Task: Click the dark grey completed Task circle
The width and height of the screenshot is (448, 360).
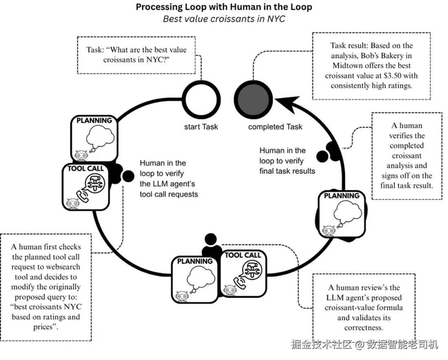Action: click(x=253, y=99)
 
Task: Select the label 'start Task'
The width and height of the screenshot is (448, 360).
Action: click(x=201, y=127)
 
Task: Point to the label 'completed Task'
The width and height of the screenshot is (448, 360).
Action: click(x=275, y=127)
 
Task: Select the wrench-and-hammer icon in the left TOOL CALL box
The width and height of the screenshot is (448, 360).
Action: click(x=95, y=183)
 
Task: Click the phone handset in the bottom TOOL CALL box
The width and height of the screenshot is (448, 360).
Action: click(x=240, y=283)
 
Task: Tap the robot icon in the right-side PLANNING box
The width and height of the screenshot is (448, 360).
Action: click(x=328, y=230)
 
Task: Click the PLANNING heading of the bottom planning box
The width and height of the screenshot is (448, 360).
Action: click(x=195, y=261)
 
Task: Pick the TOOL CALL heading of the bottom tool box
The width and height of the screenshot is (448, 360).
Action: click(x=243, y=255)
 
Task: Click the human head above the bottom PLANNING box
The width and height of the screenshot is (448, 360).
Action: click(x=211, y=239)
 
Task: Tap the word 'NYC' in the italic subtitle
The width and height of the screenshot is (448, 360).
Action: click(x=276, y=19)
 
